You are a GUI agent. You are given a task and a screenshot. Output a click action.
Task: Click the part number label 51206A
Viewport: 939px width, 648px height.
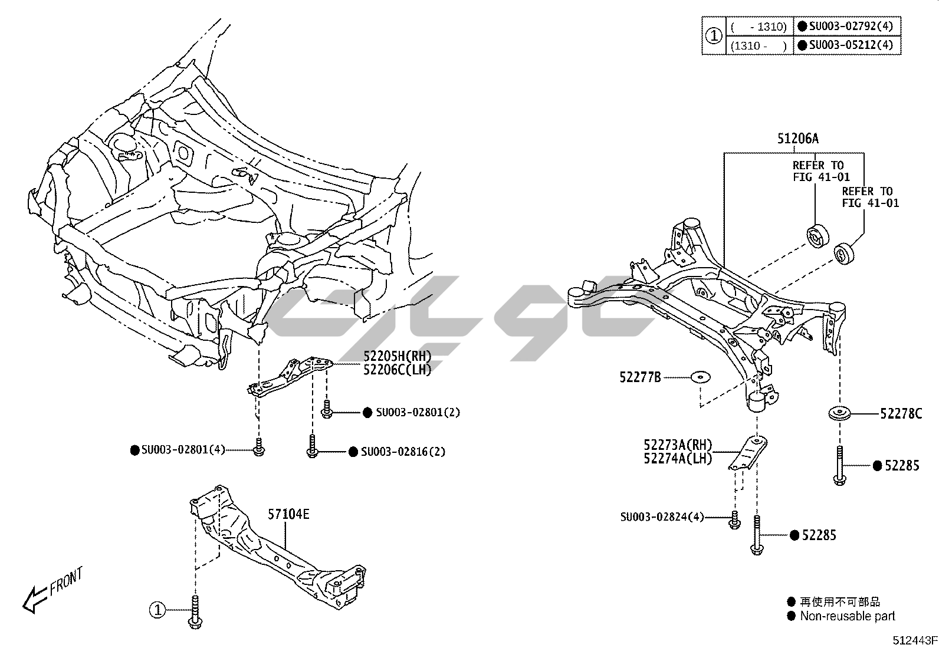click(x=797, y=139)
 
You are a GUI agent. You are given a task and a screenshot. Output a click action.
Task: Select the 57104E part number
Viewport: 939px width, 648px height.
click(x=288, y=514)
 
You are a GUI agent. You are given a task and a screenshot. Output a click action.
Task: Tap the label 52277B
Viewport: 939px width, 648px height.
click(x=640, y=377)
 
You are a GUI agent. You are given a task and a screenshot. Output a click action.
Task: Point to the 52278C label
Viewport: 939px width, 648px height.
click(x=901, y=414)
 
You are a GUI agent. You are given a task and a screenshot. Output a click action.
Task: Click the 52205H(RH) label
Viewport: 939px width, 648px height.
click(x=397, y=356)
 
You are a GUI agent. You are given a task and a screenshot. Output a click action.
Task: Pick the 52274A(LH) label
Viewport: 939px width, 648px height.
click(x=678, y=458)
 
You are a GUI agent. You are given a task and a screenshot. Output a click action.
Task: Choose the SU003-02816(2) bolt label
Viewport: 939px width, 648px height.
click(x=403, y=452)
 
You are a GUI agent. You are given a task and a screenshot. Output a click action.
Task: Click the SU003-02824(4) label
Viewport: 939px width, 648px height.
click(x=662, y=517)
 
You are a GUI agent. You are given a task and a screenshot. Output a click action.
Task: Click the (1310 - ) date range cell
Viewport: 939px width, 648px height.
click(x=758, y=45)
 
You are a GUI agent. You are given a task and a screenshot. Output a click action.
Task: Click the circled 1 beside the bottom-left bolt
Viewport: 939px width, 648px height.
click(x=157, y=610)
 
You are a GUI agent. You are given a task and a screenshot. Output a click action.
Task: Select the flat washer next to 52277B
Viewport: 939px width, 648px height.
click(x=700, y=377)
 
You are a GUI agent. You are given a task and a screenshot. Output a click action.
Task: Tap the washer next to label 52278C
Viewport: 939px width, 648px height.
click(x=838, y=413)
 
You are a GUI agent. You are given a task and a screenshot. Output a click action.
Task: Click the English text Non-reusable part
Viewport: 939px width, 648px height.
click(x=847, y=616)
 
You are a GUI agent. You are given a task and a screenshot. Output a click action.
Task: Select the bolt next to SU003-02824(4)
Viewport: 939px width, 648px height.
click(x=734, y=519)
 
